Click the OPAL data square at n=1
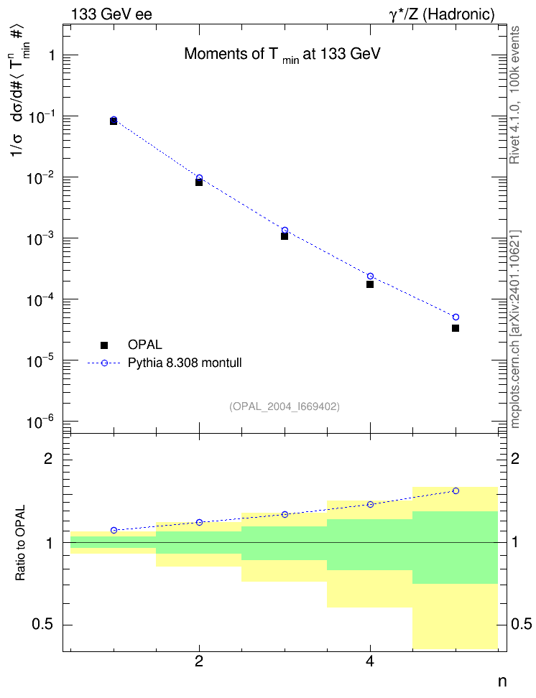tap(114, 121)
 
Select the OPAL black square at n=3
tap(285, 236)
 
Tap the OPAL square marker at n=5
tap(456, 328)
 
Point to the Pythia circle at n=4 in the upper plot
tap(370, 276)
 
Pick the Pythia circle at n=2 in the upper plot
tap(199, 177)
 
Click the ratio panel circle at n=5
tap(456, 490)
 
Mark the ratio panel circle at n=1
tap(114, 530)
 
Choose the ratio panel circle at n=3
tap(285, 514)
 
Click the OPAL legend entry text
tap(145, 345)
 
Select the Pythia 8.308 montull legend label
tap(185, 363)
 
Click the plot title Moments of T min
tap(282, 55)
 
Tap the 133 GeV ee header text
tap(111, 14)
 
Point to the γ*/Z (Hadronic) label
tap(442, 14)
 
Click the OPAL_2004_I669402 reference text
tap(285, 406)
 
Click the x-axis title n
tap(502, 681)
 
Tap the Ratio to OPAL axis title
tap(20, 543)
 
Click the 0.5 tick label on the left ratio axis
tap(43, 625)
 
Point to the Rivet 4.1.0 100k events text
tap(514, 95)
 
